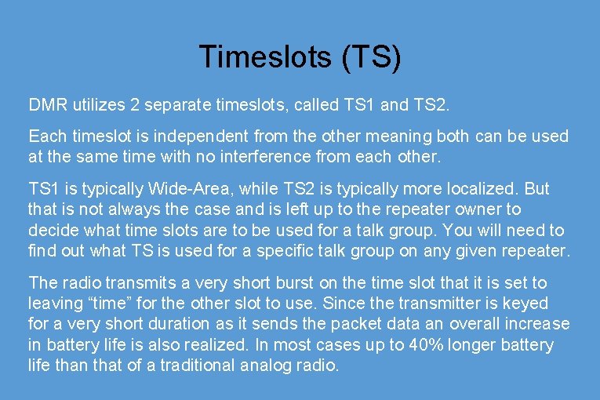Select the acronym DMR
[x=48, y=104]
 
